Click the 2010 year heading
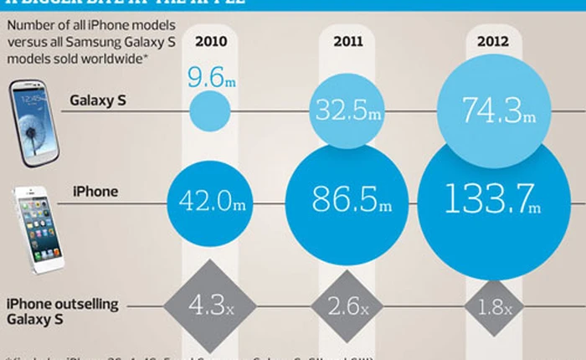209,39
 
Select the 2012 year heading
492,39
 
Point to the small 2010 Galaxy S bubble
209,111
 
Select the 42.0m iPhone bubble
209,200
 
